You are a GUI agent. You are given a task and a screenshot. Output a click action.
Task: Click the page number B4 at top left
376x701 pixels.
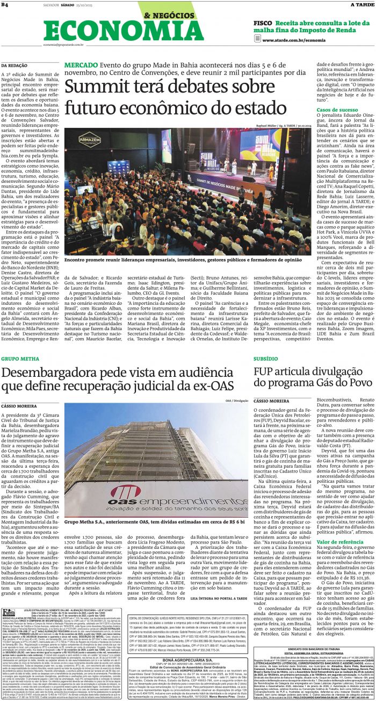(5, 5)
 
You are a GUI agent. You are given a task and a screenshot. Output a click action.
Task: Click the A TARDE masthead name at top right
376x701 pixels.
(361, 5)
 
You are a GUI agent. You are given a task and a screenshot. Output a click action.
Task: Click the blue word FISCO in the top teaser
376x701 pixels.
(264, 24)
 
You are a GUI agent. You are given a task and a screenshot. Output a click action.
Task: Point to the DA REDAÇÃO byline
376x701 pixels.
(15, 65)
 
